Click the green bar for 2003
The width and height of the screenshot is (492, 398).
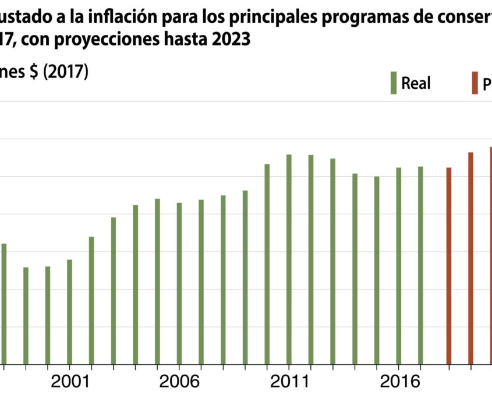[114, 290]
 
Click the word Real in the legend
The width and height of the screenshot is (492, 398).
[416, 83]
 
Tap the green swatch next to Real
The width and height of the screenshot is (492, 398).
[394, 83]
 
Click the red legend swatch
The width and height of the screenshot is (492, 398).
[475, 83]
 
